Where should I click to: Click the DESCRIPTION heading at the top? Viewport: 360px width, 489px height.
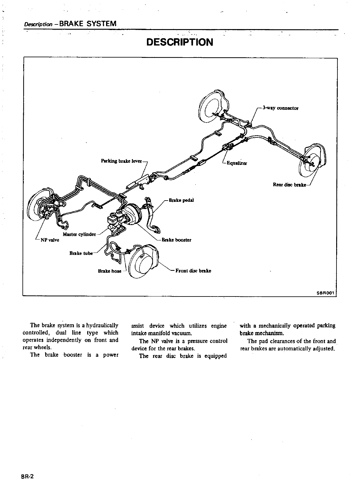pyautogui.click(x=180, y=42)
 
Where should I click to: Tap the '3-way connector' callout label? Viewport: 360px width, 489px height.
pyautogui.click(x=280, y=108)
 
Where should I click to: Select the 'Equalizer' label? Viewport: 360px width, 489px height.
pyautogui.click(x=237, y=163)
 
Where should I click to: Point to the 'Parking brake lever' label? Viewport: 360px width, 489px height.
pyautogui.click(x=121, y=161)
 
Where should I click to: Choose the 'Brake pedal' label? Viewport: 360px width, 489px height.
pyautogui.click(x=181, y=200)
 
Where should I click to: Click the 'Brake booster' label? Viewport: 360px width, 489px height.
pyautogui.click(x=177, y=240)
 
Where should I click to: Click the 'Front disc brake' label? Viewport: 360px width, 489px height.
pyautogui.click(x=193, y=271)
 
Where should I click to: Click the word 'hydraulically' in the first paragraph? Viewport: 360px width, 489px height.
pyautogui.click(x=102, y=325)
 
